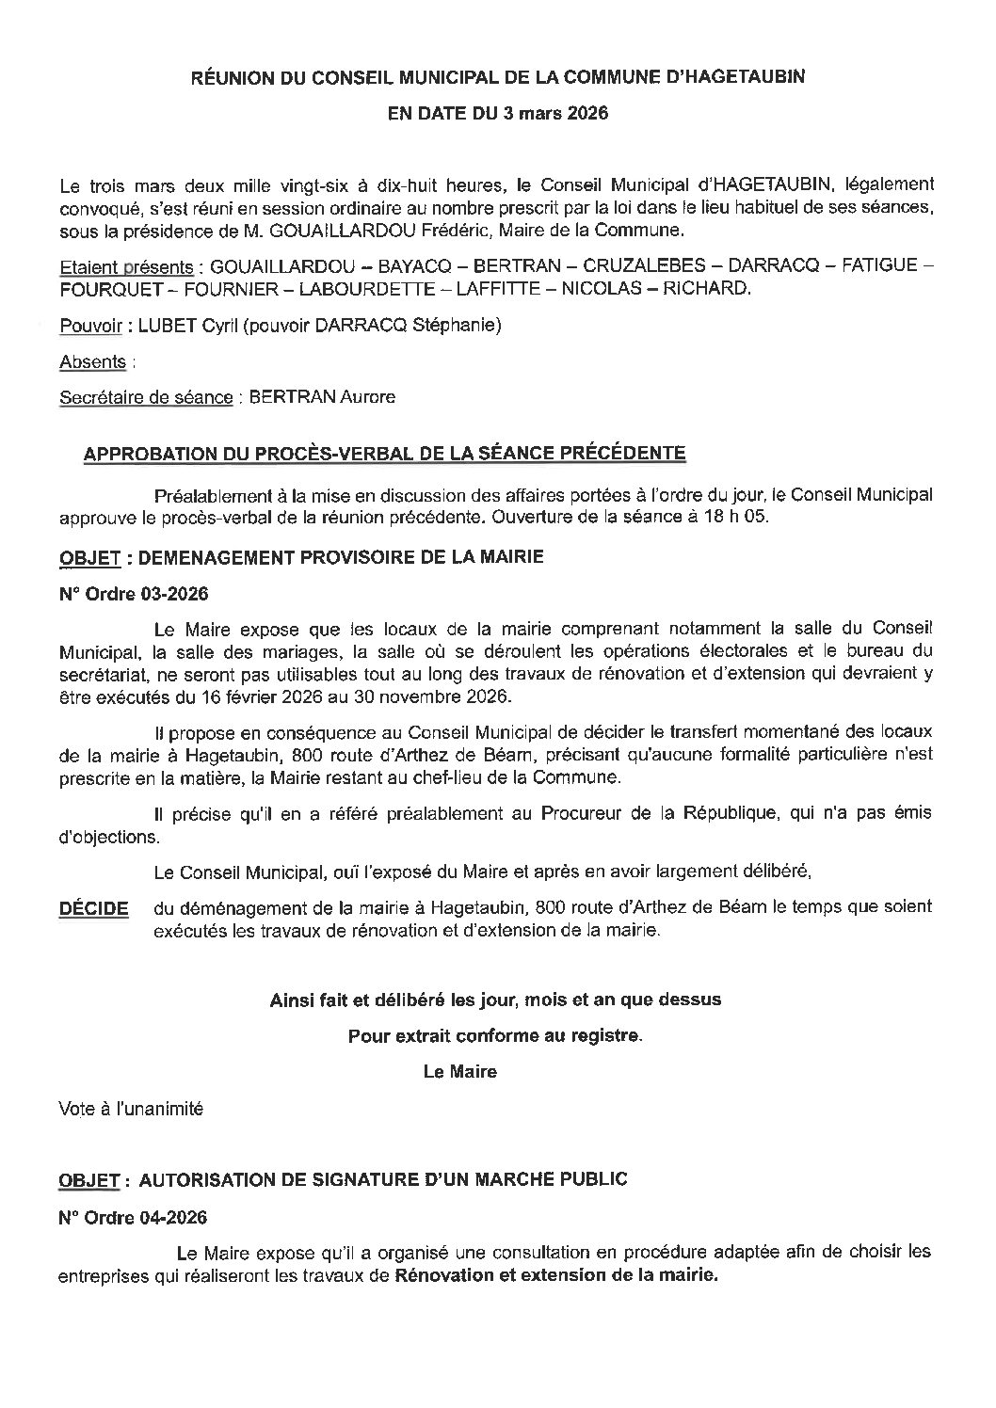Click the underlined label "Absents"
[x=92, y=361]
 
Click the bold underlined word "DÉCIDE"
[x=93, y=909]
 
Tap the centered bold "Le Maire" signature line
[x=459, y=1071]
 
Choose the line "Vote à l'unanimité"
[x=131, y=1109]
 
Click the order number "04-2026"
[x=169, y=1217]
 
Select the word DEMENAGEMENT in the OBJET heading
[x=219, y=557]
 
